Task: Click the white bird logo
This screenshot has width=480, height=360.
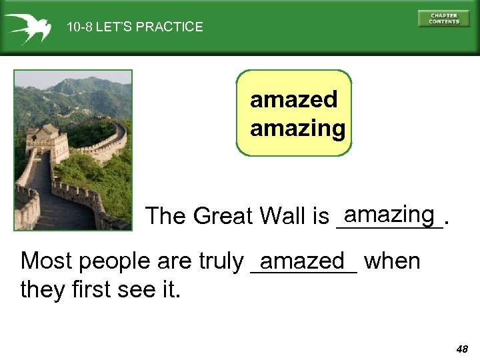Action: click(x=27, y=27)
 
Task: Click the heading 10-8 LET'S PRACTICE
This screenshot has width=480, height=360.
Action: click(x=135, y=27)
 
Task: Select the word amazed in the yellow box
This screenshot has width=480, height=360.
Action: click(x=293, y=100)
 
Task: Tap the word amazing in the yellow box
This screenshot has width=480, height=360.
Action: click(x=297, y=127)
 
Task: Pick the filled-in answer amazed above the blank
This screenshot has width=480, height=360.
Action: click(x=303, y=260)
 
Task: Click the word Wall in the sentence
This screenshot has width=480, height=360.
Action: click(x=282, y=216)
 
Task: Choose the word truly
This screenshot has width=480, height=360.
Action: click(x=221, y=262)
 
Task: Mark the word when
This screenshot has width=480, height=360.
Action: click(x=392, y=261)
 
